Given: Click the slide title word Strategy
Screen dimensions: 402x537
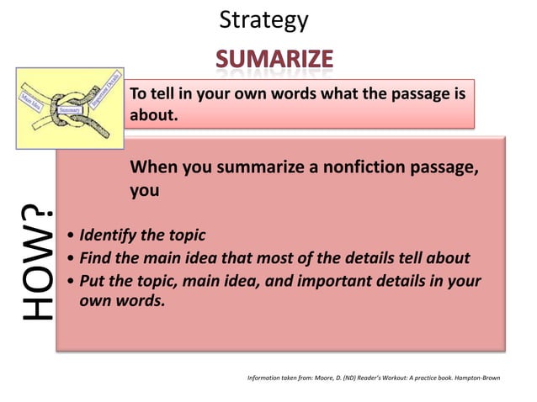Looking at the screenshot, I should coord(263,20).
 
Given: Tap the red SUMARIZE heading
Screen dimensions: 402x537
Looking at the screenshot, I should coord(274,59).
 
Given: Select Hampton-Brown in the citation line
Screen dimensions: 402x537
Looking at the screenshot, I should coord(478,378).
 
